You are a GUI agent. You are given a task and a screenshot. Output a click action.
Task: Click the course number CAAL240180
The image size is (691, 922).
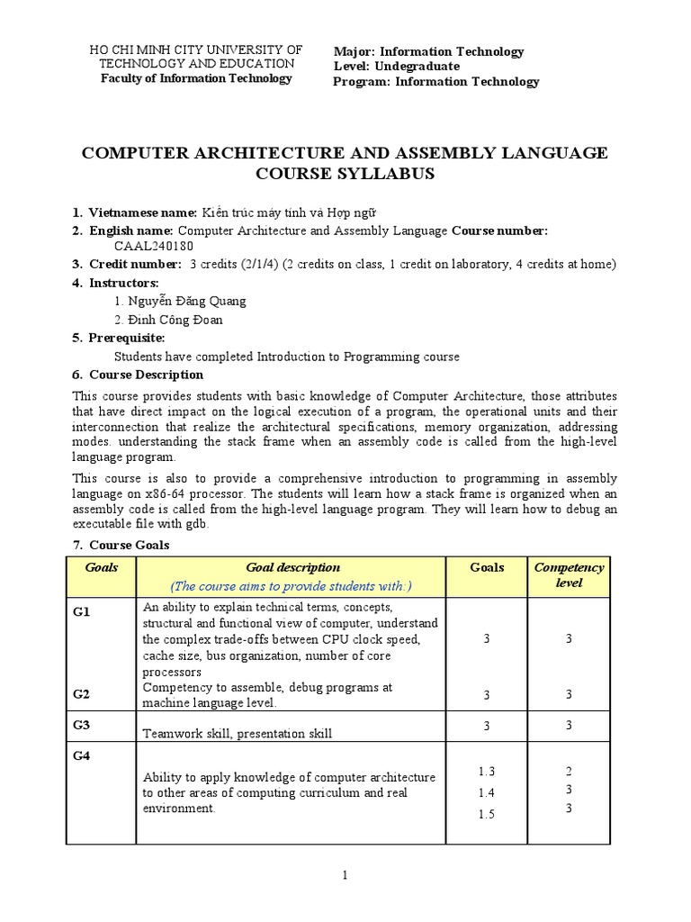(153, 246)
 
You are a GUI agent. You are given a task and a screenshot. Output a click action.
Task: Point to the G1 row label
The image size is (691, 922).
(82, 611)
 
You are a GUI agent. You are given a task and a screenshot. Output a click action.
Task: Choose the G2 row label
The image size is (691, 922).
(82, 694)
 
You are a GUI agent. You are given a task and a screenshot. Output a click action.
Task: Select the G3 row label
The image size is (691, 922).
(82, 725)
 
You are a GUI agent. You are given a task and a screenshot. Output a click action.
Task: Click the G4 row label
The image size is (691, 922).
(82, 756)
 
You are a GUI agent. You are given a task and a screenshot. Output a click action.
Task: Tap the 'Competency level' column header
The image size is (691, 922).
(569, 575)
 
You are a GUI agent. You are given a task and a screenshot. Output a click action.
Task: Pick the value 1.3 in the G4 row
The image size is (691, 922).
(487, 772)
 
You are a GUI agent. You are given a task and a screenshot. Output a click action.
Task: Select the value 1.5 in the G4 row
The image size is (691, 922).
(487, 814)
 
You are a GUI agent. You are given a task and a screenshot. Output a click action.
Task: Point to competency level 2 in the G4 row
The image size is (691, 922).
(569, 772)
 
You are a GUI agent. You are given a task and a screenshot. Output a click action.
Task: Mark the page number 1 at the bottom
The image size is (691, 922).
(345, 875)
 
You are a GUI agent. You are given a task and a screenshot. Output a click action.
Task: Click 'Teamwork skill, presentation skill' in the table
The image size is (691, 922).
(238, 733)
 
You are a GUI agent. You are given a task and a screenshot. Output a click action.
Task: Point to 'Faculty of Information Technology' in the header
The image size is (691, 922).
(196, 78)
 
